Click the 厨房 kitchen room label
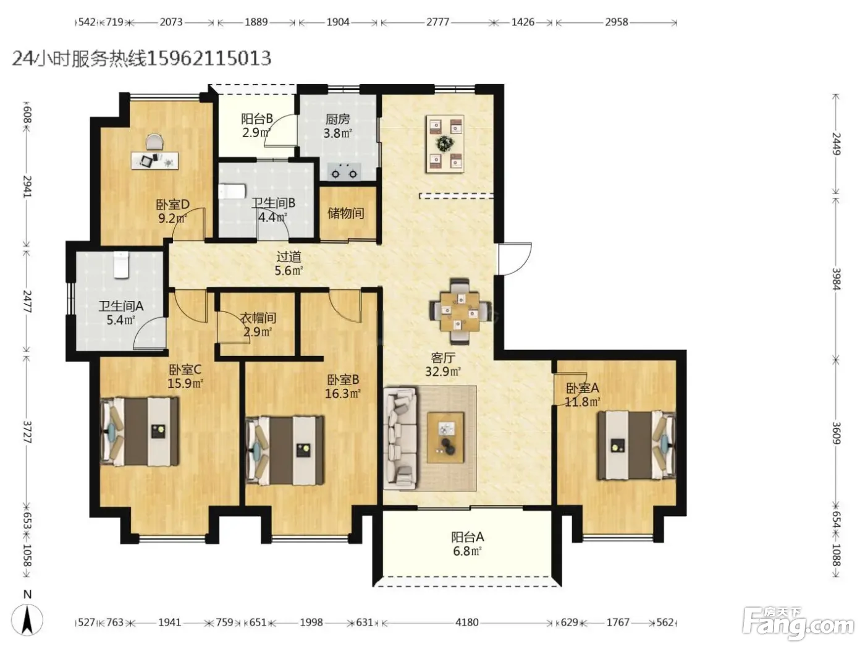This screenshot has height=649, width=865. click(338, 119)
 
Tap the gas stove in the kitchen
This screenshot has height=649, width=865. click(344, 171)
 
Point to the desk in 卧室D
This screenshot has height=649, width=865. click(155, 161)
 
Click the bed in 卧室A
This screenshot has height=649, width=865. click(635, 445)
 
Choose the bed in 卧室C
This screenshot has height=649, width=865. click(140, 431)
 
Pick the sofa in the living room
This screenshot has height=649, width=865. click(400, 438)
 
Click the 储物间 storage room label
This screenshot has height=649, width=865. click(345, 213)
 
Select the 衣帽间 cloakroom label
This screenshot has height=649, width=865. click(258, 318)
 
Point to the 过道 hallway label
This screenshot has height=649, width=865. click(289, 257)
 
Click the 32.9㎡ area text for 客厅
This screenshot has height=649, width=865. click(443, 371)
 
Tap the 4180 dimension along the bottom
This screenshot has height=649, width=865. click(467, 622)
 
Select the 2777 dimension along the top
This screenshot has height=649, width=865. click(438, 22)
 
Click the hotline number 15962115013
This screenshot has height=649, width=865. click(209, 59)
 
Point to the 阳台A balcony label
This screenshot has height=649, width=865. click(467, 537)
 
